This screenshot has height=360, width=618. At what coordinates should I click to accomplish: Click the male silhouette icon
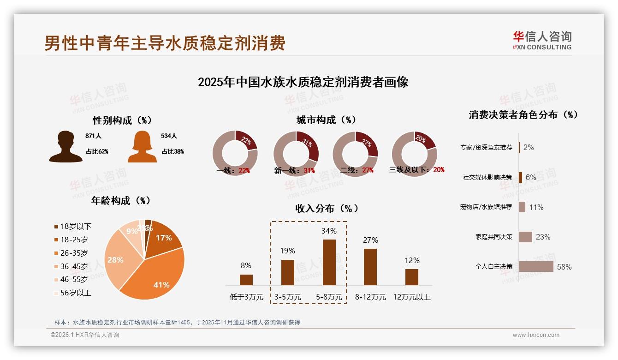point(66,147)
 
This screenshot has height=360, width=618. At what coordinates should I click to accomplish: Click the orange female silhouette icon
point(142,147)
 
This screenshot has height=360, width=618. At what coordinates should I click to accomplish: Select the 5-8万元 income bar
point(329,262)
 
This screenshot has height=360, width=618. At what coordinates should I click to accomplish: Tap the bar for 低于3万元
point(246,280)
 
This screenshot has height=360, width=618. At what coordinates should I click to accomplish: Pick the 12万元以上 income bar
point(411,277)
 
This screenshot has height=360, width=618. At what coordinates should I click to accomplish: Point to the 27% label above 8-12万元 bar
point(370,240)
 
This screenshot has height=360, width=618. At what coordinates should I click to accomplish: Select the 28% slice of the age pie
point(119,258)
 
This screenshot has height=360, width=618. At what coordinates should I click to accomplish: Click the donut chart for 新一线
point(296,154)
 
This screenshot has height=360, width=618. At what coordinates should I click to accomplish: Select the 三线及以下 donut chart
point(414,154)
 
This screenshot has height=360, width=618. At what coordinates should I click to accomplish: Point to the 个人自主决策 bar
point(536,267)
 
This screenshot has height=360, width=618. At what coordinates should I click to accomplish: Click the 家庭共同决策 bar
point(525,237)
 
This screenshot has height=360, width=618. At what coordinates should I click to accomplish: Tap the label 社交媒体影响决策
point(487,177)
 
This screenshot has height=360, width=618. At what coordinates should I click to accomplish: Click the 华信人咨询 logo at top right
point(542,40)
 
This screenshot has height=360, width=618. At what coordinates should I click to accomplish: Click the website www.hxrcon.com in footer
point(535,335)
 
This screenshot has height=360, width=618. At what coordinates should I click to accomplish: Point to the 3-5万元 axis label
point(287,297)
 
